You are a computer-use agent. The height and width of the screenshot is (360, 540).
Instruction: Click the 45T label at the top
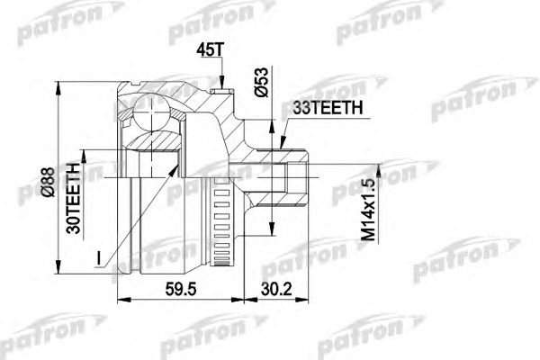pos(207,50)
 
